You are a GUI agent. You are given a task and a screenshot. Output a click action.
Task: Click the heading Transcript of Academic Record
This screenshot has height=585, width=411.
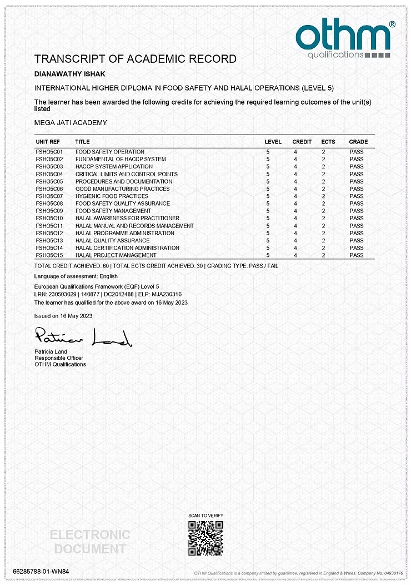(x=135, y=59)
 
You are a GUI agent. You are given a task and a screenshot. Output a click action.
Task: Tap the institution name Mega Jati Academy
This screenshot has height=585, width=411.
(x=71, y=122)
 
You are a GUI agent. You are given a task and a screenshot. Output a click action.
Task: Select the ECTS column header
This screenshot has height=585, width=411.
(x=328, y=142)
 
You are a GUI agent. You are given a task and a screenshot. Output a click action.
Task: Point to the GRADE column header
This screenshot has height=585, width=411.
(x=358, y=142)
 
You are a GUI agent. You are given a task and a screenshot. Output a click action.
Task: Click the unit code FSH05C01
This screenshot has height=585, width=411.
(x=50, y=152)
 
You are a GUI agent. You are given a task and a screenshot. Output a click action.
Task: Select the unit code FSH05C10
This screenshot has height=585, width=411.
(x=50, y=219)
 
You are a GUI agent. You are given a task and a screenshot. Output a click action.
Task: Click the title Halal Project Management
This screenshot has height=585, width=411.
(x=116, y=255)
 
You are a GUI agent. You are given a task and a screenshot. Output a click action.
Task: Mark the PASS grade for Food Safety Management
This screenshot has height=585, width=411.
(x=357, y=211)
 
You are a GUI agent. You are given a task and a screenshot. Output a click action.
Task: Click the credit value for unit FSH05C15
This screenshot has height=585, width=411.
(x=295, y=255)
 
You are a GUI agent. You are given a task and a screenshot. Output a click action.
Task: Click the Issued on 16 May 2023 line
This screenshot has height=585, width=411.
(x=63, y=316)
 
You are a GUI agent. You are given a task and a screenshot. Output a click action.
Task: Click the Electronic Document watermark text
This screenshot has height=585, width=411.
(x=90, y=542)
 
